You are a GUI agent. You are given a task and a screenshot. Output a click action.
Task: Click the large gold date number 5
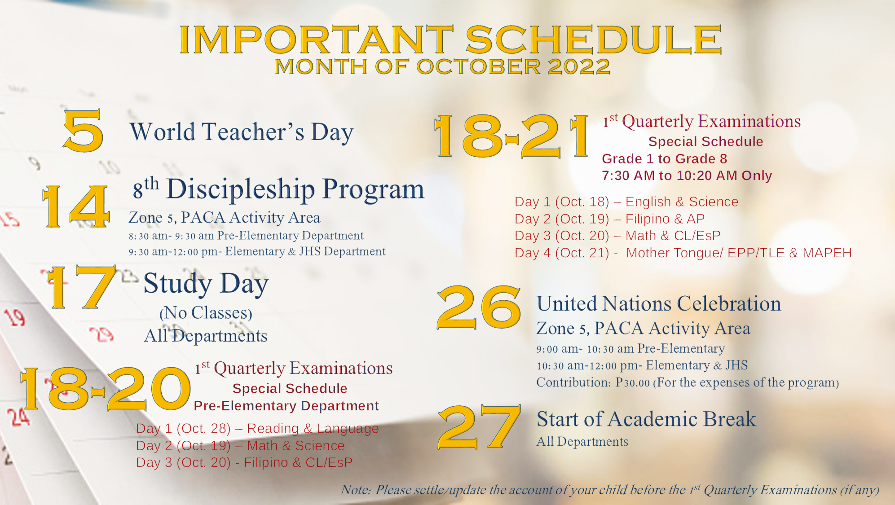84,131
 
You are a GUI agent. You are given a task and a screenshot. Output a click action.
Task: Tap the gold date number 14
75,206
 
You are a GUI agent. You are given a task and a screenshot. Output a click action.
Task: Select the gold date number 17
81,287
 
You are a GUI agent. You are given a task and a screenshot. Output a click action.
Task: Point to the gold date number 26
479,307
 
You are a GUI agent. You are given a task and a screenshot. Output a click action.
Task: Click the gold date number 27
479,427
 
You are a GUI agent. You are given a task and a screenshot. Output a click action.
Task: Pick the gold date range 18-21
511,136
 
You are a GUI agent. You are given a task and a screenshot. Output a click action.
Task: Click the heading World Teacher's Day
242,132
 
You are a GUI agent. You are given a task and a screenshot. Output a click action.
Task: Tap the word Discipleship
241,189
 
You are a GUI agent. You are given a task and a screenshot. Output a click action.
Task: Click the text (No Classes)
206,313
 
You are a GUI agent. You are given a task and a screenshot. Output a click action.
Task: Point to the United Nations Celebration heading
659,304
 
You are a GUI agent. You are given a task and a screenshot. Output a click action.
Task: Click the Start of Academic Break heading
646,419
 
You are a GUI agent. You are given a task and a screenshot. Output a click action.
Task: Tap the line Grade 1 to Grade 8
664,159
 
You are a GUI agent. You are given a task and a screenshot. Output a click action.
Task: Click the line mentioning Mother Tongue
683,253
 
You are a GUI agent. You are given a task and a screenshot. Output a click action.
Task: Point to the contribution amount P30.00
632,382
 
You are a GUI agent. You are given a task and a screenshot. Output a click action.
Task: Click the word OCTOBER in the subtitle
478,67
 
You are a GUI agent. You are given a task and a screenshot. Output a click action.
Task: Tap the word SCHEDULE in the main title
593,40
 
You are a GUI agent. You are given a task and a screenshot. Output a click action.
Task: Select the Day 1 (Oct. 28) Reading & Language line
257,429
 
